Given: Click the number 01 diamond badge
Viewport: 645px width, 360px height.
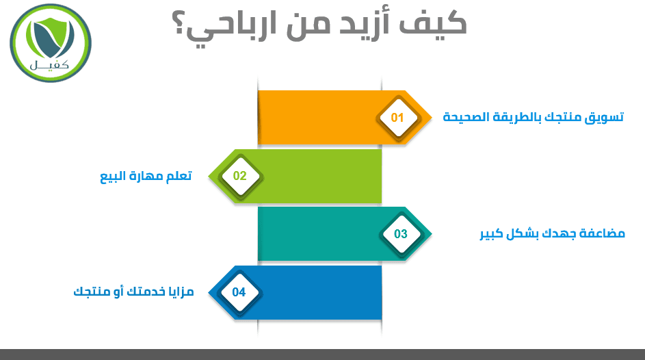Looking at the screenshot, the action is [x=398, y=118].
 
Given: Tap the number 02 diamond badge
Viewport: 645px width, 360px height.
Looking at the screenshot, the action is [x=240, y=176].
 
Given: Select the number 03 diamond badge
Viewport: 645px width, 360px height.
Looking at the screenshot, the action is [x=401, y=234].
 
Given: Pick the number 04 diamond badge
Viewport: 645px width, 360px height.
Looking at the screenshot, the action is [x=239, y=292].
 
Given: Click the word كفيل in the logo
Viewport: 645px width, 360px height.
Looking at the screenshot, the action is [x=49, y=65].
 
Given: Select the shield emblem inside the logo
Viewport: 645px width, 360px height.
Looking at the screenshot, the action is [x=50, y=38].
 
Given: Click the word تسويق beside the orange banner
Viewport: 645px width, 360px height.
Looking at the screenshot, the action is [x=604, y=118].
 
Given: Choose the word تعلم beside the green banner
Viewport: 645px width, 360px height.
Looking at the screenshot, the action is [x=179, y=176].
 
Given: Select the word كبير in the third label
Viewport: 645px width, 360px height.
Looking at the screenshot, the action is [x=492, y=234].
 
